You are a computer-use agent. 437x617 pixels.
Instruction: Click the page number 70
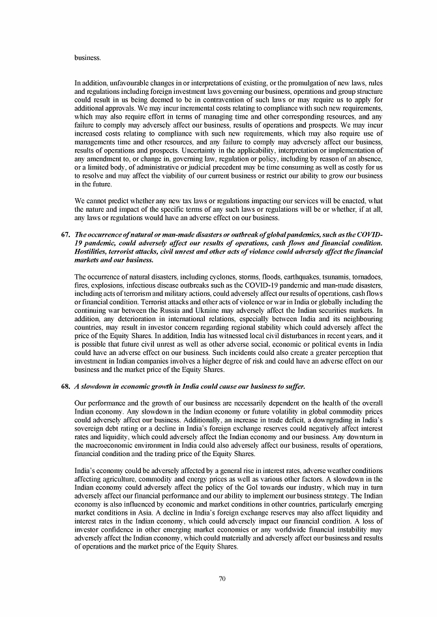click(222, 579)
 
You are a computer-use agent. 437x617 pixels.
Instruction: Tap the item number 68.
click(64, 387)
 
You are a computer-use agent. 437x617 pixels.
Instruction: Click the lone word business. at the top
click(88, 57)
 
